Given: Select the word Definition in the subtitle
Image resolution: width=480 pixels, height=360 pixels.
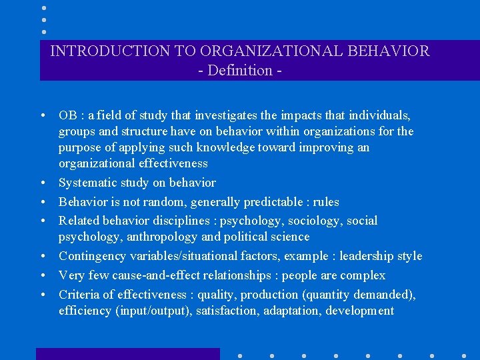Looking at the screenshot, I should coord(240,70).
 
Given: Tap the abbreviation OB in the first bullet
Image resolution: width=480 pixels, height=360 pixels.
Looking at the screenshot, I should coord(68,115).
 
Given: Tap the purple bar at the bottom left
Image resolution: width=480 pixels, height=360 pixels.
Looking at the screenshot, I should coord(127,353).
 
